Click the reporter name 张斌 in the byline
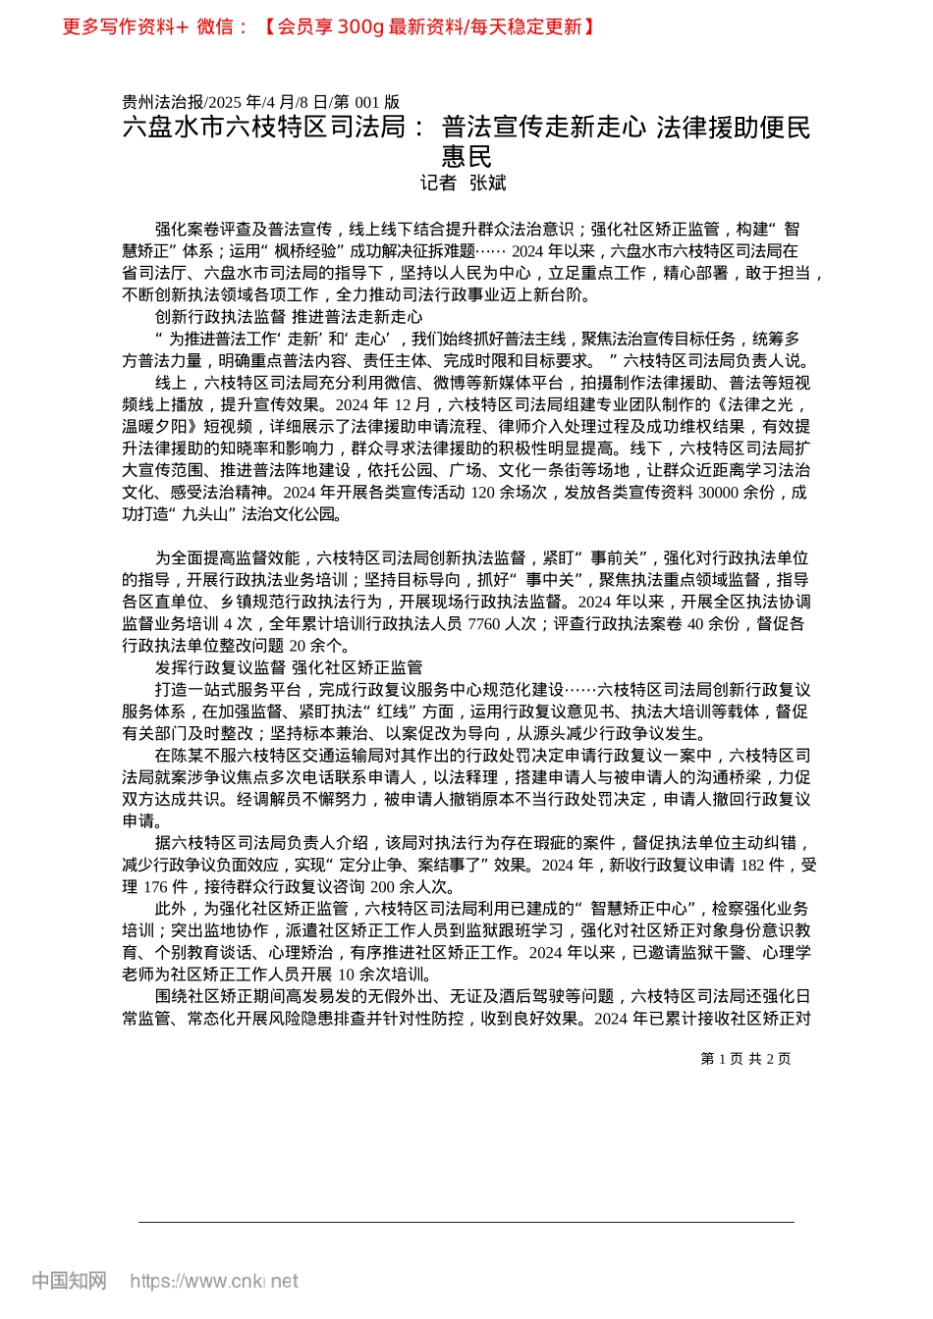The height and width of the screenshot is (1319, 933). click(487, 183)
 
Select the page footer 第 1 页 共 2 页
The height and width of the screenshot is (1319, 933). click(745, 1058)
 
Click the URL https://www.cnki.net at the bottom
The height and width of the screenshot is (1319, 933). click(213, 1281)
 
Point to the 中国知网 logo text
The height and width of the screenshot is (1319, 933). click(69, 1281)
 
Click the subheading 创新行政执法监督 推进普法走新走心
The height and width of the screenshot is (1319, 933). click(289, 317)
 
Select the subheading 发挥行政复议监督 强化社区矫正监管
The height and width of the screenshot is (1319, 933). click(289, 667)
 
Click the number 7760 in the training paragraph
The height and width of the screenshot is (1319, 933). click(484, 623)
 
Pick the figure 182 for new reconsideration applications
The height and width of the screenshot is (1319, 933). click(753, 865)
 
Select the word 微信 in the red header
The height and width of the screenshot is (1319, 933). click(215, 26)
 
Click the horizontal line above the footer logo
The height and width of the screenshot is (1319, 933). click(466, 1222)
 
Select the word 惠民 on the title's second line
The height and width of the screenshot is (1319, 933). click(466, 156)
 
